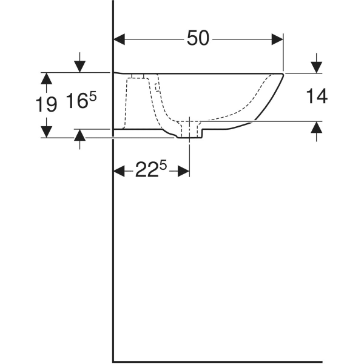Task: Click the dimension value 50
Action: click(198, 38)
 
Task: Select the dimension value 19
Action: click(47, 104)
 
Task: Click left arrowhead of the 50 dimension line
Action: click(120, 39)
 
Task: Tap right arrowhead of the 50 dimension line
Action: click(278, 39)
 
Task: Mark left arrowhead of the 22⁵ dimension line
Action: click(120, 172)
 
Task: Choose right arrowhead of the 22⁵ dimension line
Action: click(184, 172)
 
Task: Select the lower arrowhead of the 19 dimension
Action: click(47, 132)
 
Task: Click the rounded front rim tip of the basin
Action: click(283, 75)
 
